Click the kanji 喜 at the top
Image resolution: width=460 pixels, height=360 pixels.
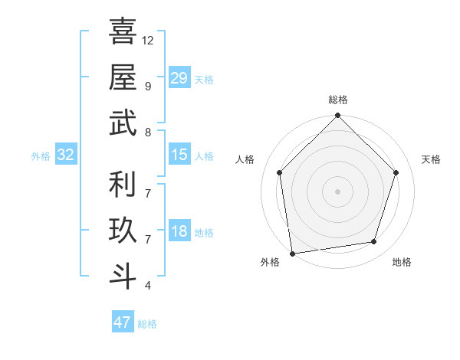123,33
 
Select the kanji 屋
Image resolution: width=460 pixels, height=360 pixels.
123,77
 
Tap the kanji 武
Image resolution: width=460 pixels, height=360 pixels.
123,123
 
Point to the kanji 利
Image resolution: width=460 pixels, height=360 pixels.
123,184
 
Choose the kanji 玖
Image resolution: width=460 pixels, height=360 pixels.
123,230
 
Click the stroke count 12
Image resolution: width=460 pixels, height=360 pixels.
148,40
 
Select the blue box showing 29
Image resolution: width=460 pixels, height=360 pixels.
179,77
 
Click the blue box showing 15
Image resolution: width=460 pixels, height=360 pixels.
179,155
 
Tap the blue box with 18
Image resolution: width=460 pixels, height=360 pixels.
179,232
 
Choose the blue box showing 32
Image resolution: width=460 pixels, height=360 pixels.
66,155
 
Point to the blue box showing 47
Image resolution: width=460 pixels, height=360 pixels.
122,322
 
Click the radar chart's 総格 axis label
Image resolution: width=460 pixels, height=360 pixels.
338,100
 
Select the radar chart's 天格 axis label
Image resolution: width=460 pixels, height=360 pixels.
432,159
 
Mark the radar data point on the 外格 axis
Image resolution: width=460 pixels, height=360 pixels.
292,253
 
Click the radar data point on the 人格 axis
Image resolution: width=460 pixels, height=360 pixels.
280,172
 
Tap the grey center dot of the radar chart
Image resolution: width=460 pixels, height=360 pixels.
337,191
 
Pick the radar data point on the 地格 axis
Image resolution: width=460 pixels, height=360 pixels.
374,241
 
